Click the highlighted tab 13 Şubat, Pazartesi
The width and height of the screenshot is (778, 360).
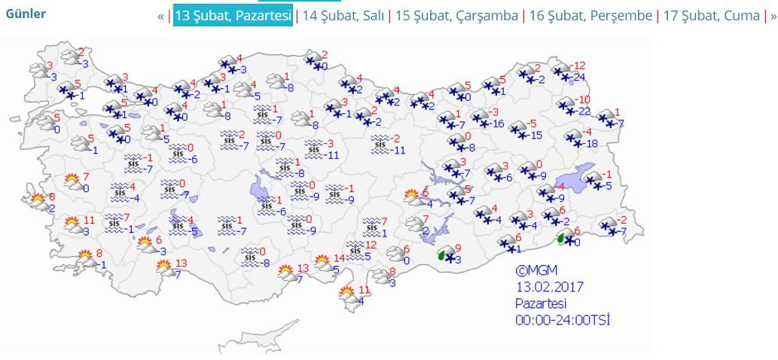(233, 15)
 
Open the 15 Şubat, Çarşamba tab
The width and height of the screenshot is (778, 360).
(456, 15)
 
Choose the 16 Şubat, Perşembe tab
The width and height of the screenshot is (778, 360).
(590, 15)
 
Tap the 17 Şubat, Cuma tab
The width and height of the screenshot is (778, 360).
(711, 15)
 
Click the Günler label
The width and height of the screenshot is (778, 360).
(26, 14)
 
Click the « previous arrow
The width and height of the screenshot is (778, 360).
(160, 16)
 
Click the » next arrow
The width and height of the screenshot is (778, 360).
(772, 16)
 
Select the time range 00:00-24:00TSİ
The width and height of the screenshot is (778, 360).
(562, 320)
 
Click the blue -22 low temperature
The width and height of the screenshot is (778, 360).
(583, 111)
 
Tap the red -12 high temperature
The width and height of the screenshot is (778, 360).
(578, 66)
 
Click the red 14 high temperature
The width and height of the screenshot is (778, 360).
(339, 258)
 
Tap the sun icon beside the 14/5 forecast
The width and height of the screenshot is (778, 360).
(319, 262)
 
